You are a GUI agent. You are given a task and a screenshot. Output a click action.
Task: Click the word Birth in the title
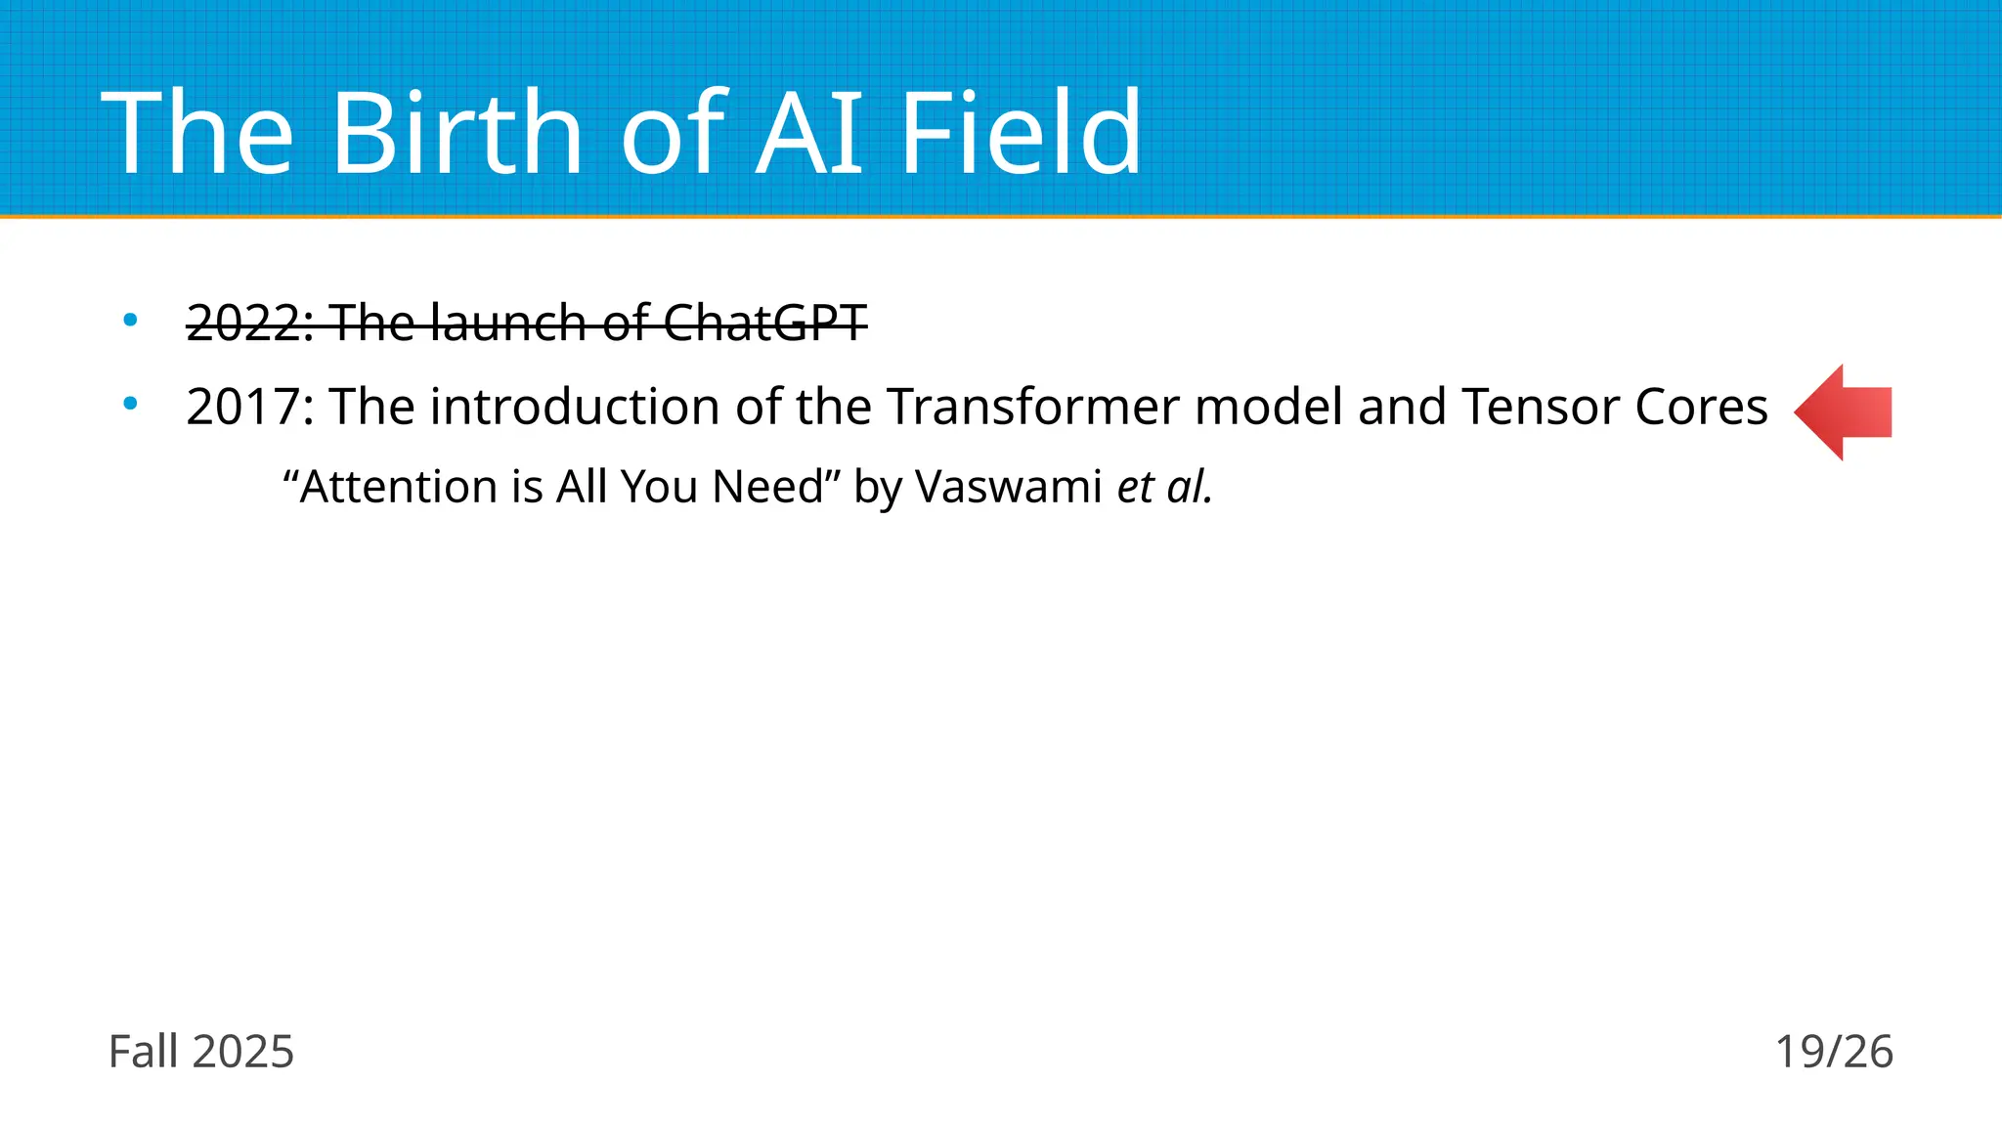457,132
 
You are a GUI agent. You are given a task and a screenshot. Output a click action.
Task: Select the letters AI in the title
810,132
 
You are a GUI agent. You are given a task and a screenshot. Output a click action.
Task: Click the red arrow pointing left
1843,411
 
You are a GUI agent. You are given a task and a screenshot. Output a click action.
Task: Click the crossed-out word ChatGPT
764,323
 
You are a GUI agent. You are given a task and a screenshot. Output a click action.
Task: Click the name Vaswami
1009,487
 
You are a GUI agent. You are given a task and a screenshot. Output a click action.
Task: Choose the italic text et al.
1164,487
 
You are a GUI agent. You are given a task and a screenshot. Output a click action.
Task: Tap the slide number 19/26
1834,1052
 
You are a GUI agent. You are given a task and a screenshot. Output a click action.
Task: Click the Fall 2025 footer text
201,1052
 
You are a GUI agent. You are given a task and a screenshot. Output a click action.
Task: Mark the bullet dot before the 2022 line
130,320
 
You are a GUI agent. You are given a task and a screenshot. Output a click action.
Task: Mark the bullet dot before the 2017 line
130,403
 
